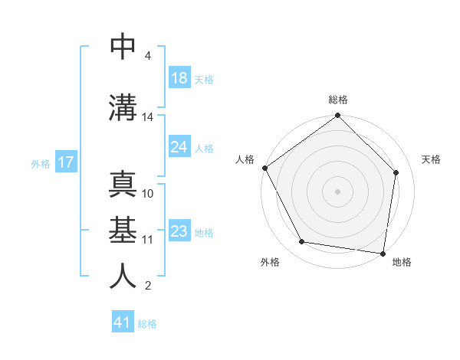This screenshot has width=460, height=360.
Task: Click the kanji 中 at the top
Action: [x=123, y=47]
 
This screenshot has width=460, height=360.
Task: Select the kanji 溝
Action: [x=123, y=107]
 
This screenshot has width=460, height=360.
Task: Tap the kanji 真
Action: [x=123, y=184]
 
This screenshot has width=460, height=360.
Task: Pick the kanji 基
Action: [x=123, y=230]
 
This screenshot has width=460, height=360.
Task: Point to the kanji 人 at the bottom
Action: [x=123, y=276]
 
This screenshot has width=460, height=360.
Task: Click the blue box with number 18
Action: [x=179, y=79]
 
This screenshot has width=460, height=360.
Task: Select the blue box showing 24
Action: [x=179, y=147]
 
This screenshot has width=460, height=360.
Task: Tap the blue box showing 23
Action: [x=179, y=231]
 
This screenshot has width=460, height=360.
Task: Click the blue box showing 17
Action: [x=65, y=162]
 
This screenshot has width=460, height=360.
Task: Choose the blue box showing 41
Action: [x=123, y=322]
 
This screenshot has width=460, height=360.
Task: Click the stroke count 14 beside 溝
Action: [x=148, y=117]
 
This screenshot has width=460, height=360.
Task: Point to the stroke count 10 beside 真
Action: [x=148, y=193]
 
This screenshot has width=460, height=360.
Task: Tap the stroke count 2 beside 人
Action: [x=147, y=286]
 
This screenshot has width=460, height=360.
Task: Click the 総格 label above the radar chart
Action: [x=338, y=100]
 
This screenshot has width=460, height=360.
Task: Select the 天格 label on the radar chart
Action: [x=432, y=159]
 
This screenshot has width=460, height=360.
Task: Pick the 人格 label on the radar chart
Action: [x=245, y=159]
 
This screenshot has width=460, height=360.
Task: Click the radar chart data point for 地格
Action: [x=383, y=253]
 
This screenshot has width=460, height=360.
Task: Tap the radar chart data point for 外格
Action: [x=302, y=242]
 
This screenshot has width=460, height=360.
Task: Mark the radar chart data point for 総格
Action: [x=338, y=116]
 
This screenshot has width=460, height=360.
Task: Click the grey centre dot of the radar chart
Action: [x=338, y=191]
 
